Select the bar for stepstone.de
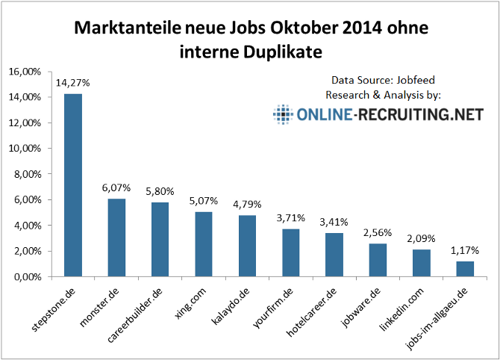tap(72, 185)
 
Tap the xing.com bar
tap(203, 244)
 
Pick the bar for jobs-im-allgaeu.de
tap(464, 269)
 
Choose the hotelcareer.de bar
tap(334, 255)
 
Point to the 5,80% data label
tap(159, 192)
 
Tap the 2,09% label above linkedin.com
tap(420, 239)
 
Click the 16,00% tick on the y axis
tap(25, 72)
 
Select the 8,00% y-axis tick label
tap(27, 174)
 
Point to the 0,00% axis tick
tap(27, 276)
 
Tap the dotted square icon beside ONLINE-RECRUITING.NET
tap(282, 114)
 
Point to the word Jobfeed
tap(415, 80)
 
